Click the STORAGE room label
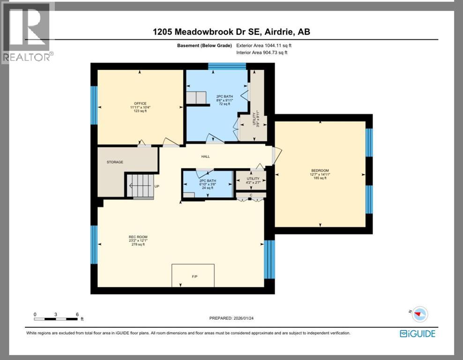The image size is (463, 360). (x=115, y=162)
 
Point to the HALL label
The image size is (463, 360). (x=206, y=157)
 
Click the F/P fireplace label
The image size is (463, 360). (x=194, y=277)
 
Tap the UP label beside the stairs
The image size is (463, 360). (x=157, y=187)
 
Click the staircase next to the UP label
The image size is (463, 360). (x=140, y=186)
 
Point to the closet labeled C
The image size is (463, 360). (x=251, y=195)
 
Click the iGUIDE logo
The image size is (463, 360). (x=417, y=334)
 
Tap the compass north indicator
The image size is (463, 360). (x=419, y=314)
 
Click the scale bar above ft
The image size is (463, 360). (x=56, y=319)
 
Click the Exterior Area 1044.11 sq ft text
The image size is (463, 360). (x=266, y=45)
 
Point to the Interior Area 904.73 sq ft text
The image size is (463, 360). (x=262, y=52)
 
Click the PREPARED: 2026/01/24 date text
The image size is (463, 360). (x=231, y=318)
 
